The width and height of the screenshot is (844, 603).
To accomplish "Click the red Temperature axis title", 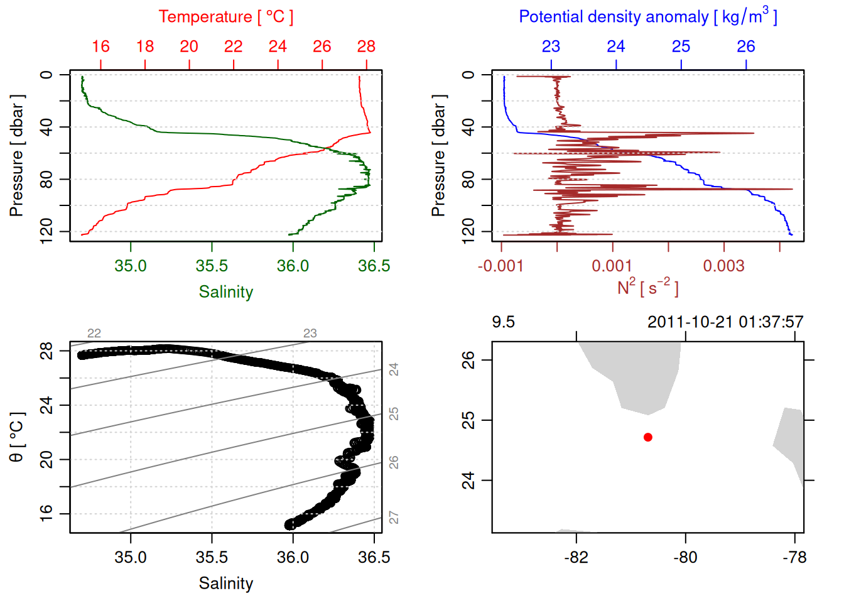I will [x=225, y=17].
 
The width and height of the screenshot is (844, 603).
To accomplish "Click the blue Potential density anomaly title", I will [x=647, y=16].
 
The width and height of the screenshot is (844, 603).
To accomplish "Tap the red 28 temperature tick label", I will [x=366, y=46].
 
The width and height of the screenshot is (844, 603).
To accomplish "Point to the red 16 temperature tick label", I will [x=100, y=46].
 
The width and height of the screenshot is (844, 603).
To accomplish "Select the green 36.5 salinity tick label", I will [x=374, y=266].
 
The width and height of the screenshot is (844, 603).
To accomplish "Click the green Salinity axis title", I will [x=225, y=292].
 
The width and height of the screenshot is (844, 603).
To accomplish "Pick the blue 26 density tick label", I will [x=745, y=46].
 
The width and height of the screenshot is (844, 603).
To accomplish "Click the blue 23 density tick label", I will [x=551, y=46].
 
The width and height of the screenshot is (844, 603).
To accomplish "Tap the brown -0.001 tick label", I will [x=500, y=266].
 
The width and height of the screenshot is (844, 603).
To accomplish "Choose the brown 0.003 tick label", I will [x=723, y=266].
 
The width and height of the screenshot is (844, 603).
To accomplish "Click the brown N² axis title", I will [x=647, y=287].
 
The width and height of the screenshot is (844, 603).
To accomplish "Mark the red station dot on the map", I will [x=648, y=437].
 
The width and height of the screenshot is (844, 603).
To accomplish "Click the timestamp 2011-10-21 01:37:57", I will [x=725, y=322].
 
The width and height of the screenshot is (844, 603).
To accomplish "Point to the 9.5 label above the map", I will [x=503, y=322].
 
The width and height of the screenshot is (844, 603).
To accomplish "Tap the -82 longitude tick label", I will [x=576, y=557].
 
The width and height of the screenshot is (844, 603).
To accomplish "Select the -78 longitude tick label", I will [x=794, y=557].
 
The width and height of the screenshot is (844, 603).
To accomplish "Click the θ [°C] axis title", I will [x=17, y=437].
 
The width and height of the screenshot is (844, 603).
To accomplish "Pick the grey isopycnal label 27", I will [x=394, y=518].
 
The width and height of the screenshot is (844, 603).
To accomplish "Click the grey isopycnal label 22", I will [x=94, y=334].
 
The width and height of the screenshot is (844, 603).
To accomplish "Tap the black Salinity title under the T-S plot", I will [x=225, y=584].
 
